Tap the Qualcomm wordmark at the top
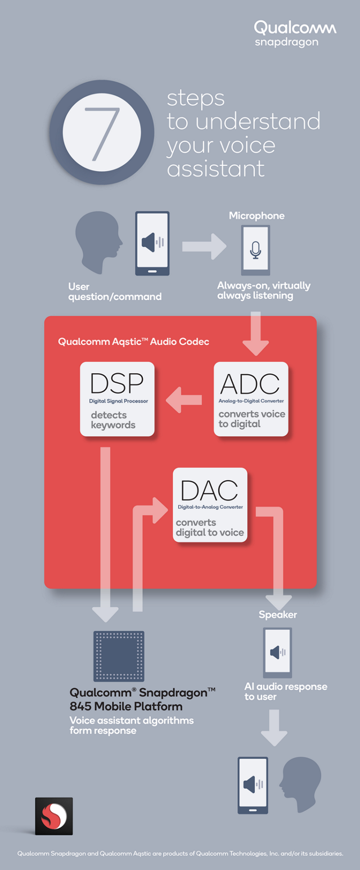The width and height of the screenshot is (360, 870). (295, 28)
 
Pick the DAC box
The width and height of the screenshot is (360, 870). (210, 505)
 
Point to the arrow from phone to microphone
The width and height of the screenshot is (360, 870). (204, 246)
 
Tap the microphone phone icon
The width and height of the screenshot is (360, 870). (255, 250)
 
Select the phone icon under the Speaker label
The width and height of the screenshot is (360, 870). (277, 653)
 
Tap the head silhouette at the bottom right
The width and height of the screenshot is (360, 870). (301, 783)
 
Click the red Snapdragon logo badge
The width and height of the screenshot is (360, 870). (53, 815)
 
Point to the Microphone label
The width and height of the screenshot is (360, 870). (256, 216)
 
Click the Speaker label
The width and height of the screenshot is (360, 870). (277, 615)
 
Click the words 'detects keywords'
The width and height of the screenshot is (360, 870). (113, 420)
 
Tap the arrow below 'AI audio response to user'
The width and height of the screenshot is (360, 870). (273, 728)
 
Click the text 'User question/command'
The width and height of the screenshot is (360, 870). (115, 292)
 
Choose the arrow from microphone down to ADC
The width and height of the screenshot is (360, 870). (256, 334)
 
